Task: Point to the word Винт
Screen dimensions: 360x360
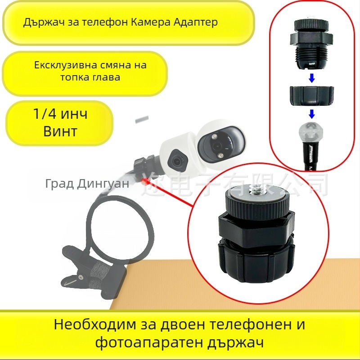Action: (x=60, y=132)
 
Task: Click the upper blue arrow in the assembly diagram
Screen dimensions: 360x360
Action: (x=311, y=77)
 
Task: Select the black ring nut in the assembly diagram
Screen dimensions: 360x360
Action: (x=311, y=96)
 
